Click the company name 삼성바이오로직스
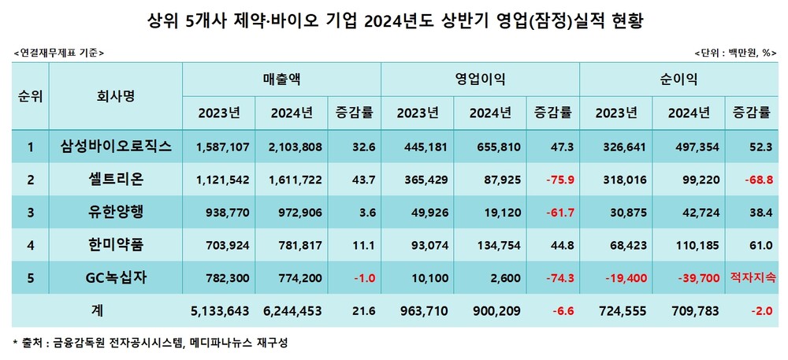pyautogui.click(x=116, y=147)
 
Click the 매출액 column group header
pyautogui.click(x=281, y=79)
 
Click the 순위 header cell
pyautogui.click(x=30, y=95)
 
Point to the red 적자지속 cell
pyautogui.click(x=753, y=278)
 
